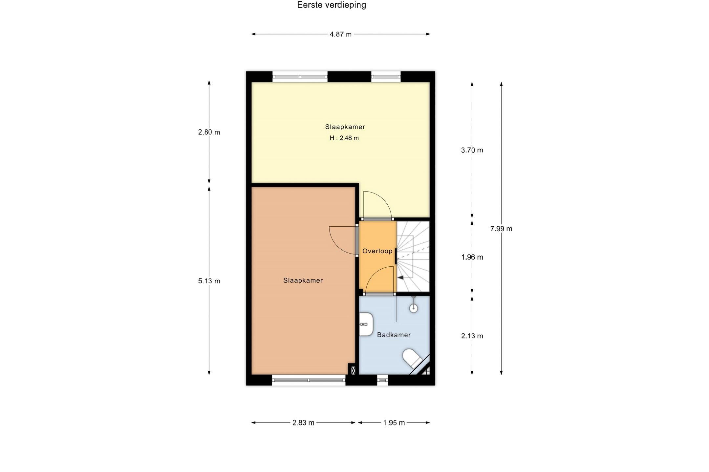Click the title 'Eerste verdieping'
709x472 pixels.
pyautogui.click(x=332, y=5)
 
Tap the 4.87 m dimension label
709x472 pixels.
pyautogui.click(x=340, y=34)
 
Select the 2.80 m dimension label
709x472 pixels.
pyautogui.click(x=209, y=132)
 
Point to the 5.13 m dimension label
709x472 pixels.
pyautogui.click(x=209, y=281)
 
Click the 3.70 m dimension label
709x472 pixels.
pyautogui.click(x=472, y=150)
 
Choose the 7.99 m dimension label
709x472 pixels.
pyautogui.click(x=501, y=229)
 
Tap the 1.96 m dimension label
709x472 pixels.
pyautogui.click(x=472, y=257)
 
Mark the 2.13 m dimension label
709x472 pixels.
pyautogui.click(x=472, y=336)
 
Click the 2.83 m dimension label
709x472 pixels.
pyautogui.click(x=303, y=423)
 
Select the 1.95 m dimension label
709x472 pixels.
pyautogui.click(x=394, y=423)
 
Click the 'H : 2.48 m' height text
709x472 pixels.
pyautogui.click(x=344, y=138)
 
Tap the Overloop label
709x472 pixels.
pyautogui.click(x=377, y=251)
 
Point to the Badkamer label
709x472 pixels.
pyautogui.click(x=394, y=335)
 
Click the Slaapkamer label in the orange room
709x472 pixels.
pyautogui.click(x=303, y=280)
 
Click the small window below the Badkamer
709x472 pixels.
pyautogui.click(x=383, y=380)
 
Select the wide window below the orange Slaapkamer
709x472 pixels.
pyautogui.click(x=309, y=380)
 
